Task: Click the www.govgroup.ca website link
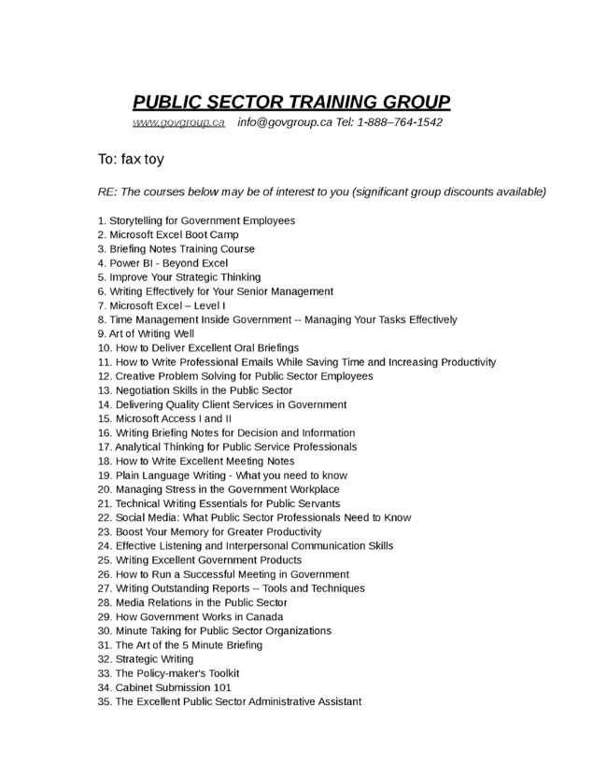(178, 122)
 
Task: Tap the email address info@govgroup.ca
(284, 122)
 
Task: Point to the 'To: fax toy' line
(131, 159)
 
